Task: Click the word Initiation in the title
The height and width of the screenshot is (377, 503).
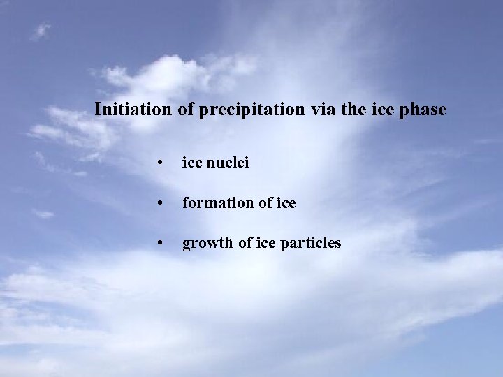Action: (132, 110)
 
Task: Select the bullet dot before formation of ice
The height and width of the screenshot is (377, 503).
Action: (161, 204)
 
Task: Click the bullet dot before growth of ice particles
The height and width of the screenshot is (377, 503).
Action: (161, 244)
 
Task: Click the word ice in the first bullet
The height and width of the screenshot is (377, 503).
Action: (191, 163)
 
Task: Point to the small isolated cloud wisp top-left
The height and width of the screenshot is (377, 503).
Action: (41, 31)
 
